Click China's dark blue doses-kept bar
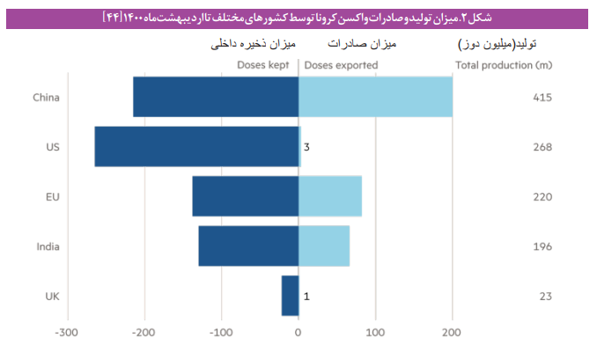click(x=216, y=97)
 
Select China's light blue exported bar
click(x=376, y=97)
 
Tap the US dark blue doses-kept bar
click(x=196, y=147)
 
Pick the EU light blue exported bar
click(x=330, y=196)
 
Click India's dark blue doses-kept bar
click(x=248, y=246)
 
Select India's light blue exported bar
click(x=324, y=246)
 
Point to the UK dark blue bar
click(x=290, y=296)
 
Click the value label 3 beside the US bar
click(x=306, y=148)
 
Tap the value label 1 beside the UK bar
click(x=306, y=296)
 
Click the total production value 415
click(x=542, y=97)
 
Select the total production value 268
click(x=542, y=147)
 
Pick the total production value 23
click(x=545, y=296)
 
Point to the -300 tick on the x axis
click(x=65, y=333)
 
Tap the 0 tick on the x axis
click(x=298, y=333)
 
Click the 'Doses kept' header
click(x=264, y=65)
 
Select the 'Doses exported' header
click(x=341, y=65)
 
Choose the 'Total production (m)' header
click(x=504, y=65)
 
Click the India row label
click(x=48, y=246)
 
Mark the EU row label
click(x=52, y=196)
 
